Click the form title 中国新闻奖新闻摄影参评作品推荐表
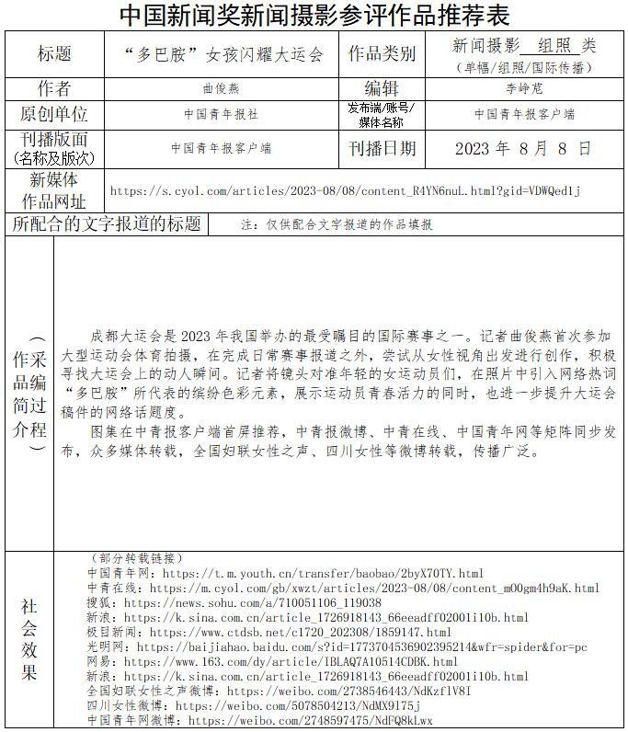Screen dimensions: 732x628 tap(314, 15)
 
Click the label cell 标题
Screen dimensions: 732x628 tap(53, 53)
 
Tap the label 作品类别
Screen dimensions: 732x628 tap(382, 54)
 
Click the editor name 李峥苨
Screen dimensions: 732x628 tap(524, 89)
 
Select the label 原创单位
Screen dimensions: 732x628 tap(53, 114)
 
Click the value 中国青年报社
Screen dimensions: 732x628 tap(221, 115)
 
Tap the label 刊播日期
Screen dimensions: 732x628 tap(382, 148)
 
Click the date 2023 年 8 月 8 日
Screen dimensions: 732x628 tap(523, 148)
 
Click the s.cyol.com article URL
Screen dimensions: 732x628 tap(345, 191)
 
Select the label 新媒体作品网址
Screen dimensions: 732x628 tap(53, 190)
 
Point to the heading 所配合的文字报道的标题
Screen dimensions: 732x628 tap(107, 223)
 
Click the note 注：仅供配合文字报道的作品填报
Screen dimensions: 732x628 tap(337, 224)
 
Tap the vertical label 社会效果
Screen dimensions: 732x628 tap(29, 641)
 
